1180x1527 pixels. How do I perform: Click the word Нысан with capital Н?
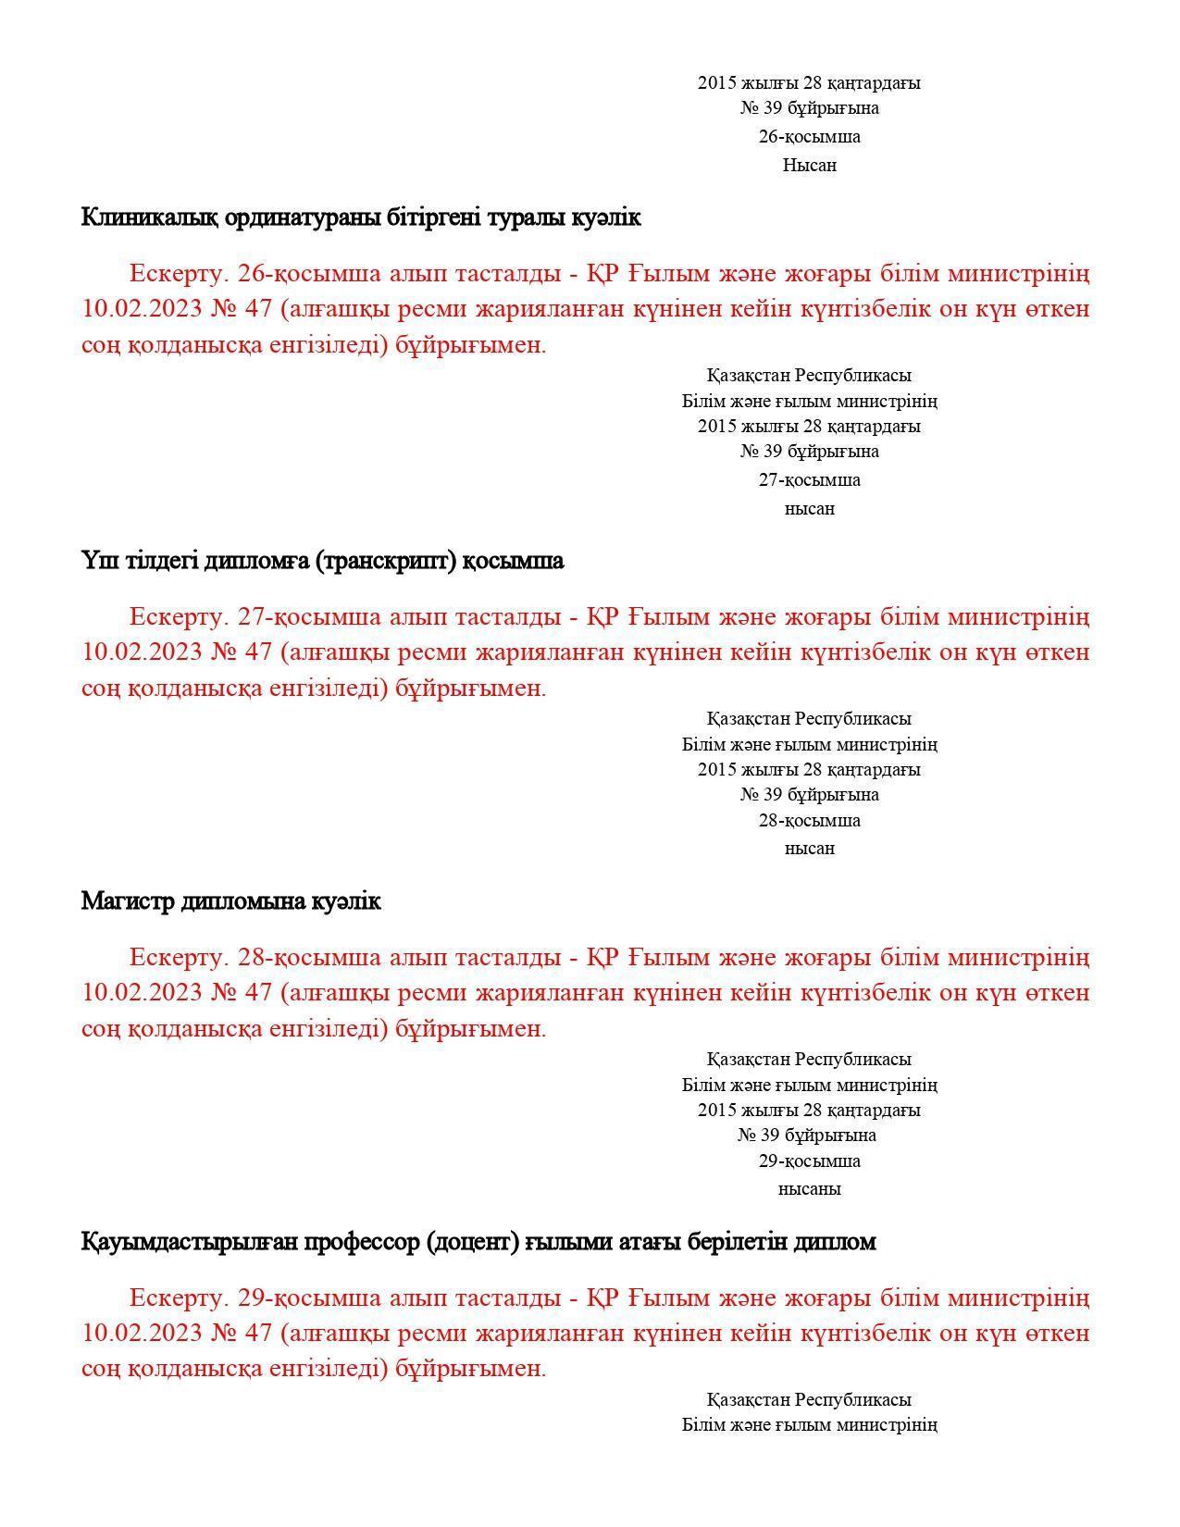[809, 166]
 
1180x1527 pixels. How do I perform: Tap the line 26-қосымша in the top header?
[809, 137]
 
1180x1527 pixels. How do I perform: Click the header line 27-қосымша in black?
[809, 480]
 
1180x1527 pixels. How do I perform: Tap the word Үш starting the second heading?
[95, 562]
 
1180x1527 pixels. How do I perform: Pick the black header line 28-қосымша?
[809, 821]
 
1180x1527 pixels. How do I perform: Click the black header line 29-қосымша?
[809, 1161]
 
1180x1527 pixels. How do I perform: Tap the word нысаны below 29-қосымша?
[809, 1189]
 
